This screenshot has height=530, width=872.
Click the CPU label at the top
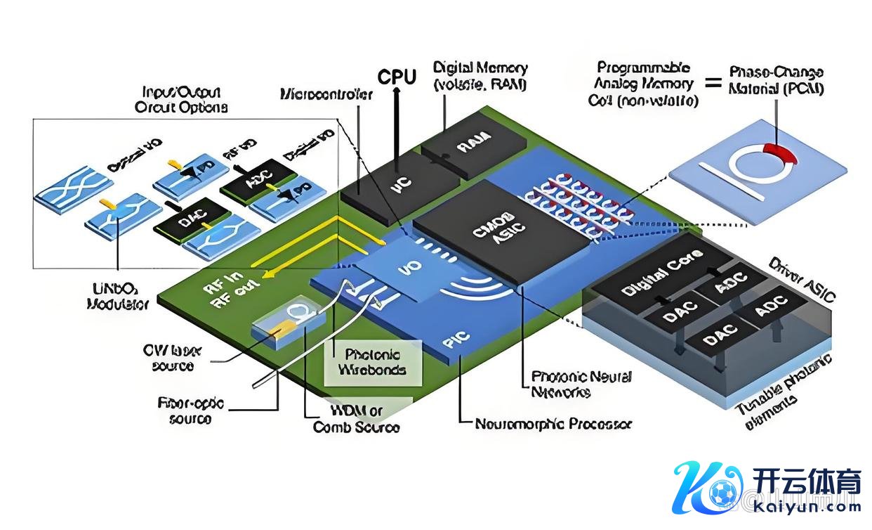397,76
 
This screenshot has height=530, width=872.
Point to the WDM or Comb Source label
356,419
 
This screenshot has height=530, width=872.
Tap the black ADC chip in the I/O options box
253,186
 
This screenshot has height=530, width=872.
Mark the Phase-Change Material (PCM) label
776,81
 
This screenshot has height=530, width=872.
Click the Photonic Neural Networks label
581,384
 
